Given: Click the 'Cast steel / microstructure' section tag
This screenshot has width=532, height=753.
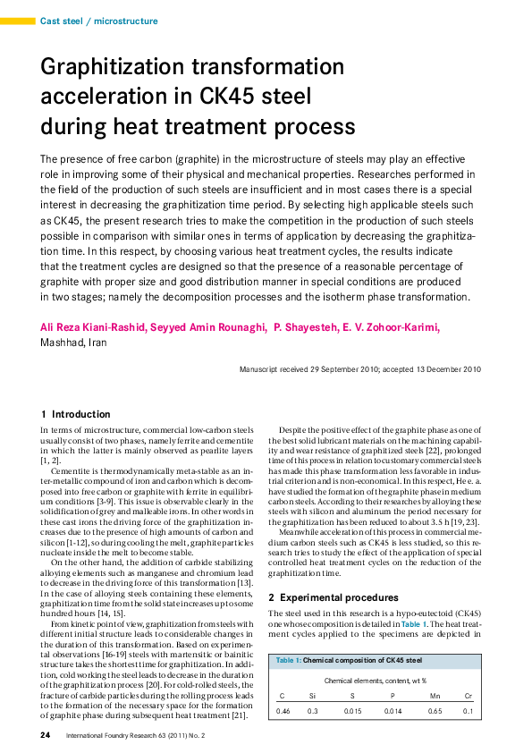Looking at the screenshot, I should [x=99, y=21].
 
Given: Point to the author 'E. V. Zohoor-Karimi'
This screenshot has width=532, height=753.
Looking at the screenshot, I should [x=391, y=327].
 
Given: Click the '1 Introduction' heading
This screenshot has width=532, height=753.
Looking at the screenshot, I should [x=76, y=414].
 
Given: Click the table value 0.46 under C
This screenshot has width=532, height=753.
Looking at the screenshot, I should [x=283, y=711].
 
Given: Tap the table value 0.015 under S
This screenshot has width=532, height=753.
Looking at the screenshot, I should [x=352, y=711].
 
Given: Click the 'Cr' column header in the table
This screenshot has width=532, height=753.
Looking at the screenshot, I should [x=468, y=695].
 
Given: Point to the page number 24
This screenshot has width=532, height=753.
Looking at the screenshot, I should [x=45, y=736].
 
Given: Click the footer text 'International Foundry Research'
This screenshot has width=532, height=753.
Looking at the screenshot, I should [x=123, y=736].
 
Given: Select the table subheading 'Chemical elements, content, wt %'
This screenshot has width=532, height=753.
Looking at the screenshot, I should [x=374, y=681].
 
